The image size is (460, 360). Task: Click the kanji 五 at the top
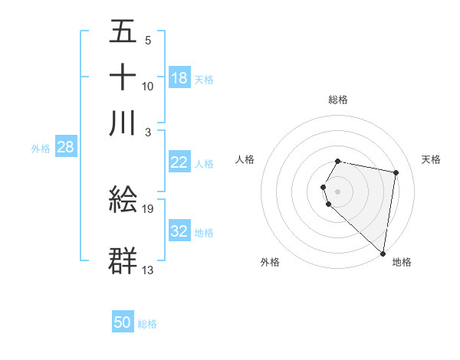coord(123,32)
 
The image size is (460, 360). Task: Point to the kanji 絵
coord(123,200)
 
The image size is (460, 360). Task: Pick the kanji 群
coord(123,260)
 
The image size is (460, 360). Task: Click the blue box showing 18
coord(179,78)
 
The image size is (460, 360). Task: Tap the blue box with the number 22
coord(179,162)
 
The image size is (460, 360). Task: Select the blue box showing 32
coord(179,231)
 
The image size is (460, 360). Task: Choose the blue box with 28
coord(65,147)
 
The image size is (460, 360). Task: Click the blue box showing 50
coord(123,322)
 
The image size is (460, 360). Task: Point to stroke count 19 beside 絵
coord(148,208)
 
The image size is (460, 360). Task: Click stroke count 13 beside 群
coord(148,269)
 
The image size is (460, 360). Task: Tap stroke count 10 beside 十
coord(148,86)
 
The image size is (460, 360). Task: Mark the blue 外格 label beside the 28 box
coord(41,149)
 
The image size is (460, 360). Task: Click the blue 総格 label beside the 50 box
coord(147,324)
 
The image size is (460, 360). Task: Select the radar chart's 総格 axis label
coord(338,100)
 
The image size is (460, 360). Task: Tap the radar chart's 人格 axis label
coord(245,159)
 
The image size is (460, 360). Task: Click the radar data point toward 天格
coord(396,173)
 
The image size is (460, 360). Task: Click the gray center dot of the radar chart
coord(338,191)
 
